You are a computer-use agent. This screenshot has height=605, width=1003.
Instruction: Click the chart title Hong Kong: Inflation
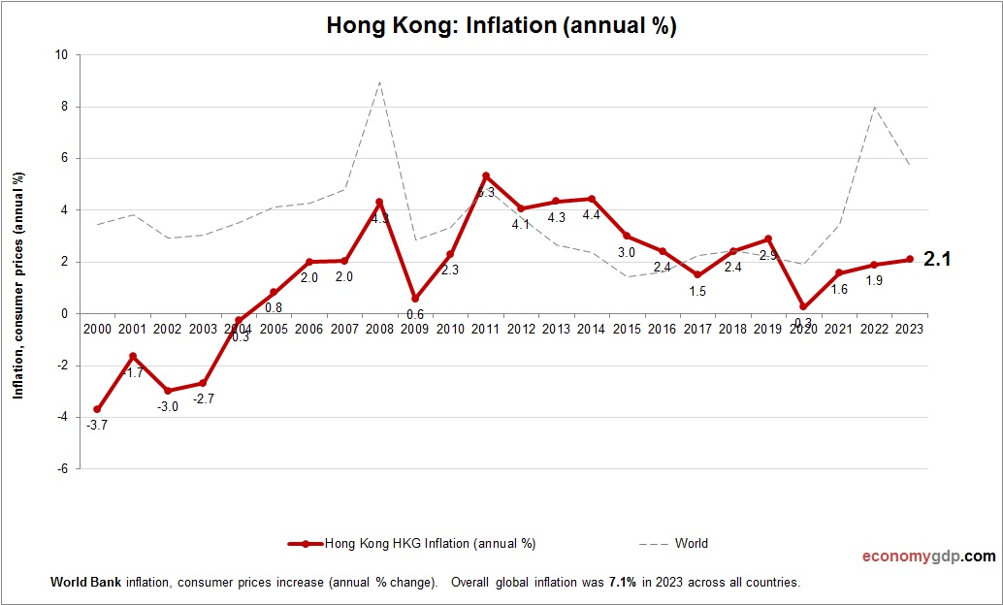click(501, 26)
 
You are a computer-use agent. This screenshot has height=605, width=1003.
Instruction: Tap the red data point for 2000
click(97, 409)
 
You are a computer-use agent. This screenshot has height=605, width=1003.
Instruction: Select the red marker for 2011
click(486, 176)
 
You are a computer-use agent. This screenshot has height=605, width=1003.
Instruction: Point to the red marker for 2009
click(415, 299)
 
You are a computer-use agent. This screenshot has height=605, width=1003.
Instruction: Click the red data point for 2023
click(910, 259)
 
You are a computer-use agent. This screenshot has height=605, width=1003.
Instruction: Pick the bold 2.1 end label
click(937, 259)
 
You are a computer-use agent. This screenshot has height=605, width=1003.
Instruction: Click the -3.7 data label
click(97, 425)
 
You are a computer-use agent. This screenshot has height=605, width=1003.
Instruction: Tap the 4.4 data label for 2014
click(592, 215)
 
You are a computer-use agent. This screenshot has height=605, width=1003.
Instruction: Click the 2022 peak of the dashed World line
click(875, 107)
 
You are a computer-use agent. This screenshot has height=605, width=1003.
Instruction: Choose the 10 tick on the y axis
click(61, 55)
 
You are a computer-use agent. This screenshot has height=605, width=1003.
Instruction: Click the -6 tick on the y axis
click(61, 468)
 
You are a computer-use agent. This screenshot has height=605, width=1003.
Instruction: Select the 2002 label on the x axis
click(168, 329)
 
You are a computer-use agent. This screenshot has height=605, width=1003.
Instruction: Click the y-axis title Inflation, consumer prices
click(18, 285)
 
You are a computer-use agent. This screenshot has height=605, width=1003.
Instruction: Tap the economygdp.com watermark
click(928, 557)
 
